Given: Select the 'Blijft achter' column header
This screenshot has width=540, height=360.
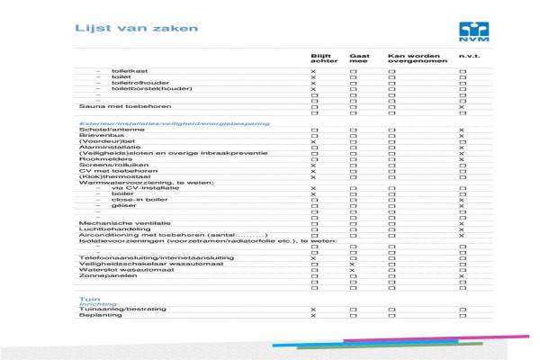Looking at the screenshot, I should (311, 58).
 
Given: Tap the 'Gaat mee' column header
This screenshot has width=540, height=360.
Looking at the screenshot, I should (357, 58).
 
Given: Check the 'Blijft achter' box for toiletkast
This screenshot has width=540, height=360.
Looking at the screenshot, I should (313, 71).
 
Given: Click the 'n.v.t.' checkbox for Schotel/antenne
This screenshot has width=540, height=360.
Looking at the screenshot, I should (462, 130).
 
